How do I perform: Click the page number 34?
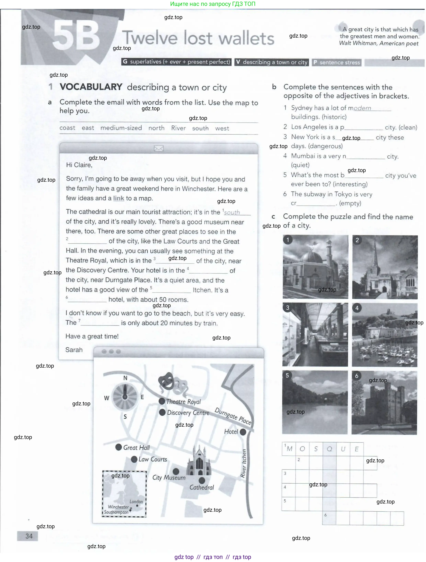(x=29, y=536)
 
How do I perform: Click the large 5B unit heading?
(x=76, y=36)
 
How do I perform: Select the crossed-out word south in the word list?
(x=200, y=128)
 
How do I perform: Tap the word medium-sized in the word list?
(x=121, y=128)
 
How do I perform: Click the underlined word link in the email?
(x=118, y=198)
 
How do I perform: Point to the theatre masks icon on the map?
(x=167, y=381)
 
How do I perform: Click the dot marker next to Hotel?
(x=243, y=432)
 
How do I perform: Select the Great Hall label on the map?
(x=136, y=448)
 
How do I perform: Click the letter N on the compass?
(x=125, y=378)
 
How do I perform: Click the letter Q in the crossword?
(x=329, y=449)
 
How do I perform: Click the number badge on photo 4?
(x=357, y=308)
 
